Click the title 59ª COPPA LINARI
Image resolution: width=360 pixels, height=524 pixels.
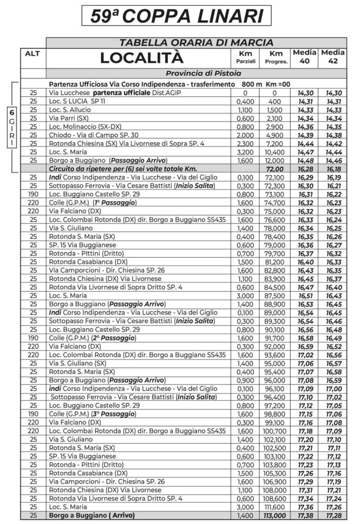pyautogui.click(x=176, y=15)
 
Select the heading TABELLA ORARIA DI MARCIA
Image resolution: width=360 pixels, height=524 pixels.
pyautogui.click(x=196, y=42)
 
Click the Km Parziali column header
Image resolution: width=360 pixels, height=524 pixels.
pyautogui.click(x=245, y=58)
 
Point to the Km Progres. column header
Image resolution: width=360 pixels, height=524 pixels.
pyautogui.click(x=276, y=58)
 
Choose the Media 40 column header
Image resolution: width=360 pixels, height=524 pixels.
pyautogui.click(x=305, y=57)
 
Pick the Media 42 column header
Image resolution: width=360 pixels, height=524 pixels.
pyautogui.click(x=333, y=57)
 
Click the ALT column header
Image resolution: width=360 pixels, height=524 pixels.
pyautogui.click(x=33, y=53)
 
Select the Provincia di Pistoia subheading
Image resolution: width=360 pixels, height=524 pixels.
pyautogui.click(x=196, y=73)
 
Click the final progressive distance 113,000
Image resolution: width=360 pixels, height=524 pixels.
pyautogui.click(x=276, y=515)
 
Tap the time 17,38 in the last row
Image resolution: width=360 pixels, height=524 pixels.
pyautogui.click(x=305, y=515)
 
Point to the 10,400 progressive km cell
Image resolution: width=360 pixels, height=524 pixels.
pyautogui.click(x=276, y=151)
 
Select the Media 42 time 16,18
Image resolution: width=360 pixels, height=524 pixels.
pyautogui.click(x=333, y=168)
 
